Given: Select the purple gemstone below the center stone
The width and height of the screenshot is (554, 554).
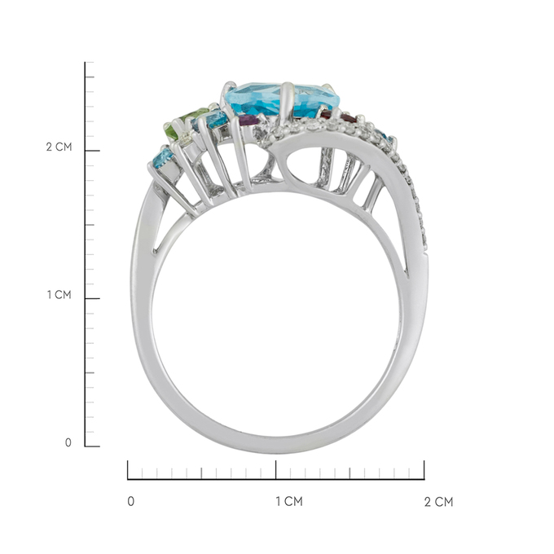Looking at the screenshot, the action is pos(250,120).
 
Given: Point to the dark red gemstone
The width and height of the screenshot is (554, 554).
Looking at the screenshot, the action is pos(340,117).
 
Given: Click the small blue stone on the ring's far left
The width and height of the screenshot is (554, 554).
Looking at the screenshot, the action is pos(163,160).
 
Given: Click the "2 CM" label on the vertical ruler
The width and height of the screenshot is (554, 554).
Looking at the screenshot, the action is pos(59,147).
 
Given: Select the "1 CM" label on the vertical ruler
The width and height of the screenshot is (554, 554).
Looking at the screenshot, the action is pos(59,294).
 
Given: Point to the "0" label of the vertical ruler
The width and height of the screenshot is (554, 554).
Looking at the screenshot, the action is pos(68,442).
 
